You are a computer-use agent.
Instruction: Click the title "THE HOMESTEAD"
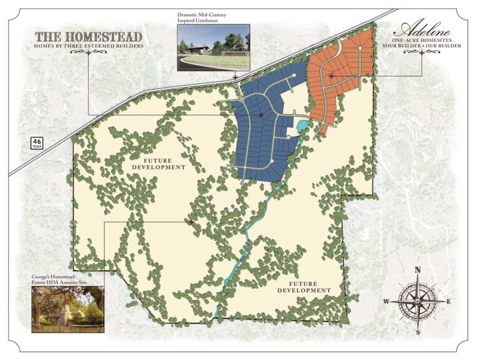[88, 37]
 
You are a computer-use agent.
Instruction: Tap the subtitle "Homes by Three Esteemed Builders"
[88, 46]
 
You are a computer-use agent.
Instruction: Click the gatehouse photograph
[213, 47]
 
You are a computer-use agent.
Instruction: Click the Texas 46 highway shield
[37, 143]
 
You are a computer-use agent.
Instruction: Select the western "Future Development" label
[159, 164]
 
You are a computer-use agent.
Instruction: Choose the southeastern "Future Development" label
[303, 287]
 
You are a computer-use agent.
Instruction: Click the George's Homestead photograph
[68, 309]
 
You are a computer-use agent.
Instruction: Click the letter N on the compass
[418, 270]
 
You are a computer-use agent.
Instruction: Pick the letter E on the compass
[449, 302]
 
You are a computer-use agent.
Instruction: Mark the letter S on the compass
[418, 332]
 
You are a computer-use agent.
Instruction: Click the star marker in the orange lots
[332, 76]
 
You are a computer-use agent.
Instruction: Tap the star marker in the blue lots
[261, 115]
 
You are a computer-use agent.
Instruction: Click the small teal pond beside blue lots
[302, 127]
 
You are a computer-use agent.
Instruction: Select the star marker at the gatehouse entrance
[235, 79]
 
